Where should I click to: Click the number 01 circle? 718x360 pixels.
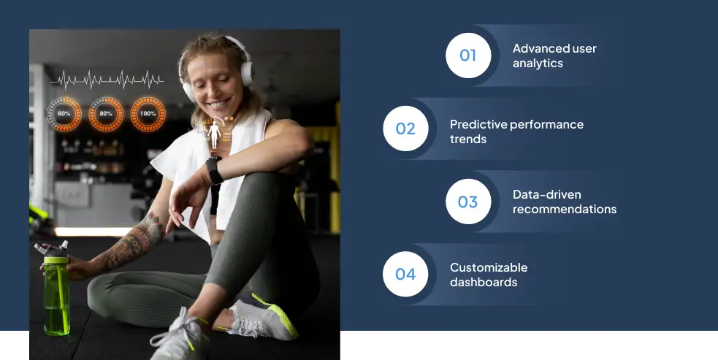(468, 55)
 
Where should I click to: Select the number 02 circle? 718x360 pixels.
(405, 129)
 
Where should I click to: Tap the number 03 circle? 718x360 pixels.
(468, 202)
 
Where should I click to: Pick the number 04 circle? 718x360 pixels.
(405, 274)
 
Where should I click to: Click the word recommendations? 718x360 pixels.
(565, 210)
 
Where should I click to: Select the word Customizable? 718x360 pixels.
(489, 267)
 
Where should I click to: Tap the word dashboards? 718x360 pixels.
(484, 282)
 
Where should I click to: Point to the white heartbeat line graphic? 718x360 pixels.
(107, 80)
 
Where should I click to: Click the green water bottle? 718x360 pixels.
(56, 291)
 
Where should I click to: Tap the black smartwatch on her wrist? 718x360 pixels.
(214, 170)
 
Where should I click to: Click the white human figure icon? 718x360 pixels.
(214, 134)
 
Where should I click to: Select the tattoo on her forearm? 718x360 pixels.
(134, 242)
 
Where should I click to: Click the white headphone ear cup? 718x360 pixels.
(246, 74)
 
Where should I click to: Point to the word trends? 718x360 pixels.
(468, 139)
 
